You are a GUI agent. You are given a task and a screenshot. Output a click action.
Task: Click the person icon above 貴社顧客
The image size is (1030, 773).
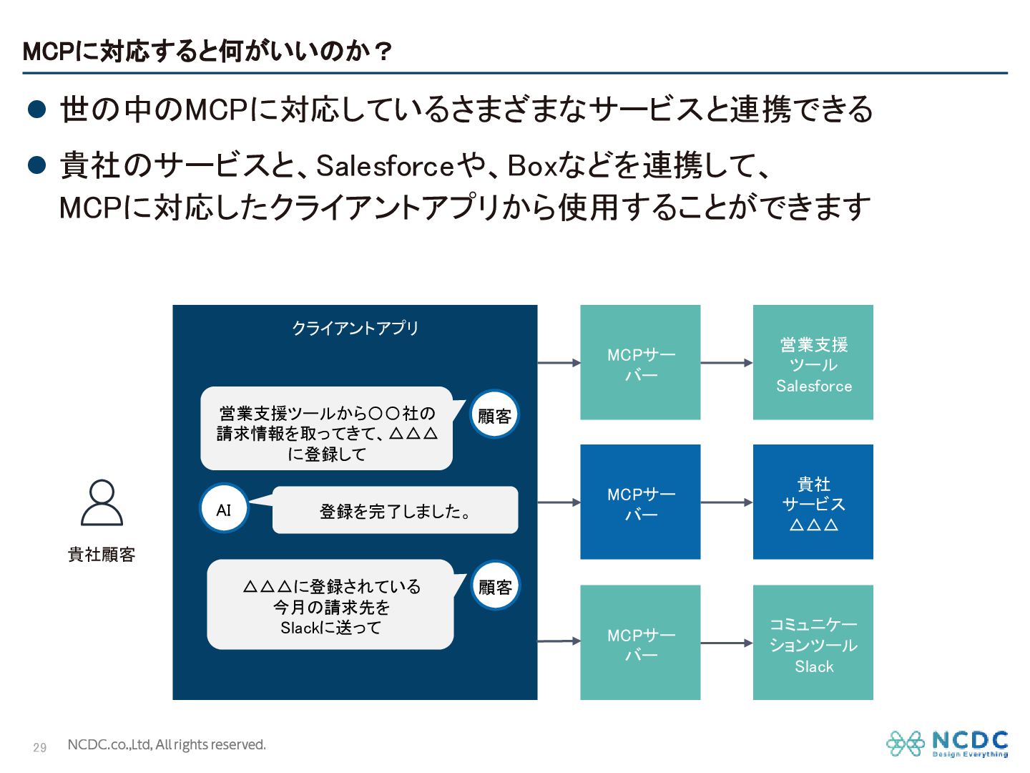tap(102, 502)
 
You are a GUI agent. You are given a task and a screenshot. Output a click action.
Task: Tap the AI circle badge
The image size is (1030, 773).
tap(224, 509)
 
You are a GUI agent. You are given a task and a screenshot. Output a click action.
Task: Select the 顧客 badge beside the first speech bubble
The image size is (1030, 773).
tap(494, 415)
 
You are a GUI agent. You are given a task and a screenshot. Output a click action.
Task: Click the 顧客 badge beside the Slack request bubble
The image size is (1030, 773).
tap(495, 586)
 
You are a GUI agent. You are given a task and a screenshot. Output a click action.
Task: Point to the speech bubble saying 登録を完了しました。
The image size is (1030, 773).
tap(395, 510)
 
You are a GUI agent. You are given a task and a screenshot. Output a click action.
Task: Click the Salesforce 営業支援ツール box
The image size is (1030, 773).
tap(813, 362)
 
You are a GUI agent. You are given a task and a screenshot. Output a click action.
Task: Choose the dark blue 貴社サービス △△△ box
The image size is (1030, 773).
tap(813, 502)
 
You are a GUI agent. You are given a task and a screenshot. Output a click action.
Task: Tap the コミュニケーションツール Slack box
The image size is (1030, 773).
tap(813, 642)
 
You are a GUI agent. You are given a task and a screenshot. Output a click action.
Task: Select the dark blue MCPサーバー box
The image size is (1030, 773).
tap(640, 502)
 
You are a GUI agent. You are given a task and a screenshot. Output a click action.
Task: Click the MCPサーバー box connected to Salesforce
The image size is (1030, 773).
tap(640, 362)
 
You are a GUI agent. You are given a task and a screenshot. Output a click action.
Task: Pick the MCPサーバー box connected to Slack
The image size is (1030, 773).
tap(640, 642)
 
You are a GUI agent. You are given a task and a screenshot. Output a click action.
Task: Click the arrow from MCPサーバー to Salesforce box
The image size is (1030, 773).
tap(726, 363)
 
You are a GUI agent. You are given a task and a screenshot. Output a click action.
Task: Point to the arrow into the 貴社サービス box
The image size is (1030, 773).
tap(726, 502)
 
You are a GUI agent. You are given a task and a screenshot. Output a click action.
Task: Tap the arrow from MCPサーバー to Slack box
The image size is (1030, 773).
tap(726, 643)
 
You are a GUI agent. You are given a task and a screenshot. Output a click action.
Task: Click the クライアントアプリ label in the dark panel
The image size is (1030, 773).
tap(355, 328)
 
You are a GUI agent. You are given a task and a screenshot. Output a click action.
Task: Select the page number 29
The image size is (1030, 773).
tap(40, 747)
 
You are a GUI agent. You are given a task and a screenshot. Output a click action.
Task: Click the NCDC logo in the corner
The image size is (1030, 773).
tap(947, 744)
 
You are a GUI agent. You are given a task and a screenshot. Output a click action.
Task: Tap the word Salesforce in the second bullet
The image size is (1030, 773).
tap(386, 166)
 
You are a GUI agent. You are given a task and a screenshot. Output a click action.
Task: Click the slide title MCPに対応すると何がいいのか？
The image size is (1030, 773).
tap(207, 52)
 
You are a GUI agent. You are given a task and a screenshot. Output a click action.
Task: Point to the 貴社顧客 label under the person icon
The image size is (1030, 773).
tap(102, 555)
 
